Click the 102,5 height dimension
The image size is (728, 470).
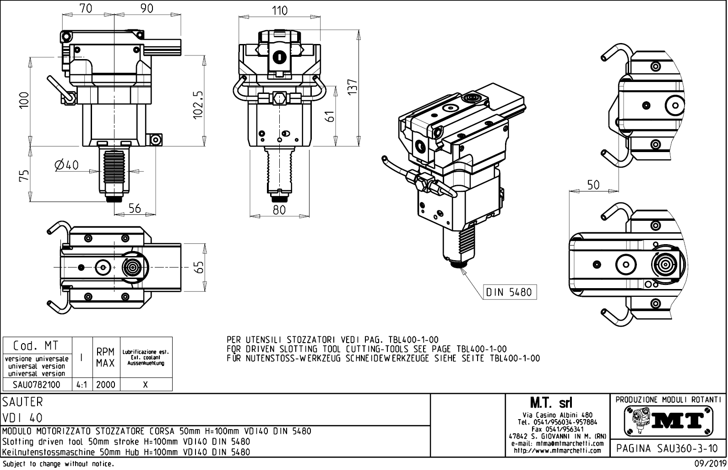(198, 104)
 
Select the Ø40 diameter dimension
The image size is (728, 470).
(67, 165)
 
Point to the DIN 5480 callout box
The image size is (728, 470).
(510, 292)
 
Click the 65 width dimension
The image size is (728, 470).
(198, 267)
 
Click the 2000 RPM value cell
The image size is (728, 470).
(105, 384)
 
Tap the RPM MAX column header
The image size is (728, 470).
(105, 358)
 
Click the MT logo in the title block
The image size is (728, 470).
(669, 420)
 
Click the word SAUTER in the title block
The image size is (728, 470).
(22, 402)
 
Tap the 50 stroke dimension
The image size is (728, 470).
(593, 185)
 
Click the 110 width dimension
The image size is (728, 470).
(279, 11)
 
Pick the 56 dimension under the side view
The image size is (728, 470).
(134, 208)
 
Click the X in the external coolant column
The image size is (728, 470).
(145, 384)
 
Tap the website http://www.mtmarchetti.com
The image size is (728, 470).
(557, 450)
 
